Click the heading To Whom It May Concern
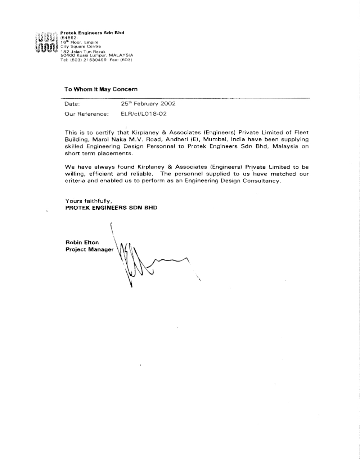pyautogui.click(x=101, y=89)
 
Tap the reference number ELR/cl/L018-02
pyautogui.click(x=144, y=114)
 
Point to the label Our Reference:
pyautogui.click(x=86, y=114)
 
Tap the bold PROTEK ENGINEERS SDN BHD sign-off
pyautogui.click(x=111, y=208)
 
